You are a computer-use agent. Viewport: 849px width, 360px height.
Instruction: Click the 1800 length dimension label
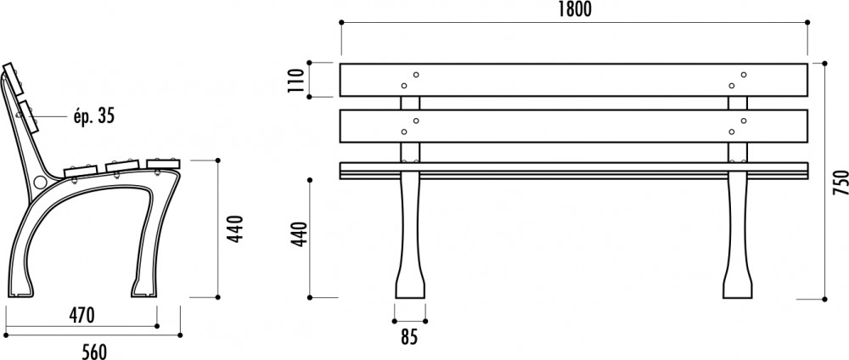click(575, 9)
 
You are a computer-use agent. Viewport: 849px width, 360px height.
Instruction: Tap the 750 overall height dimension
click(840, 183)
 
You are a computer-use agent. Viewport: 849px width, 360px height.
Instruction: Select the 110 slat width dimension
click(296, 80)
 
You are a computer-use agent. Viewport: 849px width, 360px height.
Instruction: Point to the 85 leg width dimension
click(409, 337)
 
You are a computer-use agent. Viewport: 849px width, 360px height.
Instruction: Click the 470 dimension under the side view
click(82, 315)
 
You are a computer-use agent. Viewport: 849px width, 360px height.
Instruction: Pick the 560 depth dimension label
click(94, 352)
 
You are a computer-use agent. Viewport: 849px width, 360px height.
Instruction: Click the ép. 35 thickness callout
click(93, 115)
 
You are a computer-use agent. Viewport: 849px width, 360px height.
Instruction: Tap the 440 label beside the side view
click(235, 229)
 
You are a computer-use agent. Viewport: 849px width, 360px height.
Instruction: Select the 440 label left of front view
click(300, 234)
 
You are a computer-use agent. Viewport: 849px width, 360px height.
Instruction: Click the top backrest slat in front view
click(573, 80)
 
